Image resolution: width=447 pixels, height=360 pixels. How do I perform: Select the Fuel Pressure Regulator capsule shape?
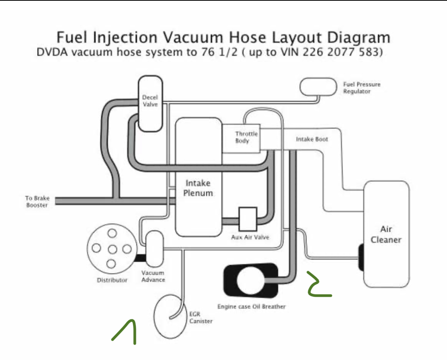[x=318, y=86]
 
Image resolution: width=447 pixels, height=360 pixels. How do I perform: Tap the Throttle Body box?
[x=241, y=138]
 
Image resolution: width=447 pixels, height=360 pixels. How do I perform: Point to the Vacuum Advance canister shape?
[x=154, y=248]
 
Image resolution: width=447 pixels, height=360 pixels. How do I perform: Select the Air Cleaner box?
[x=386, y=234]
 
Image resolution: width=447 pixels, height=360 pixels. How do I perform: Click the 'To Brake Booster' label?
[x=37, y=202]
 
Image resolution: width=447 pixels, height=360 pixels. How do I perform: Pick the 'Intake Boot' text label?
[x=312, y=139]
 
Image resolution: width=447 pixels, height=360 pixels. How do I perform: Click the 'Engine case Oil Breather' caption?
[x=251, y=306]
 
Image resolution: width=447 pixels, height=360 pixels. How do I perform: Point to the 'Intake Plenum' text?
[x=198, y=188]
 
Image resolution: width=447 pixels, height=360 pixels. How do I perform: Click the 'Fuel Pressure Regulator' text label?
[x=361, y=88]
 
